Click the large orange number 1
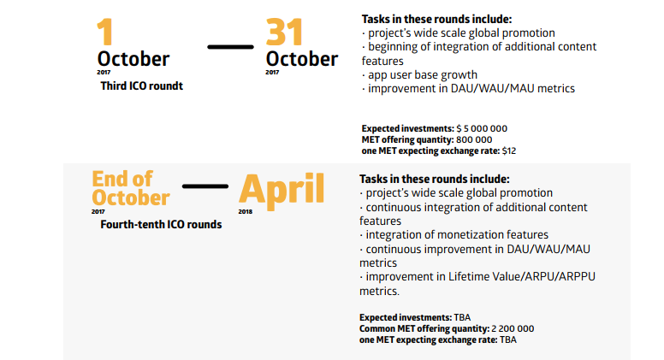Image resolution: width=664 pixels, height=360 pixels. (105, 32)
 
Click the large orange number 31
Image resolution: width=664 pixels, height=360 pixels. (284, 32)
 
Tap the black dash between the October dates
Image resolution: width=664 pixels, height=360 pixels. (230, 47)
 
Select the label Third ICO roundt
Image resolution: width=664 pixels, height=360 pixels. (141, 86)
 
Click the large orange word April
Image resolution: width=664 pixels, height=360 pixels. (282, 191)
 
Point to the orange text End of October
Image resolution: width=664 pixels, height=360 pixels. (130, 188)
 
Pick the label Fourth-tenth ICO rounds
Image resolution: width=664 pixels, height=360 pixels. (161, 224)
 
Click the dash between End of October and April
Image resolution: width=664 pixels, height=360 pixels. (205, 186)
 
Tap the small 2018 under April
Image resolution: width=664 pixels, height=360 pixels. (246, 211)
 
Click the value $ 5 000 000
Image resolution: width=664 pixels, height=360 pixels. (482, 128)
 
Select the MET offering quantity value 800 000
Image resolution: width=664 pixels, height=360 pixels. (474, 139)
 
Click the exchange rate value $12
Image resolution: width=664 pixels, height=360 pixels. (508, 151)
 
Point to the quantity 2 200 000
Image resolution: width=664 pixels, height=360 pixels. (513, 328)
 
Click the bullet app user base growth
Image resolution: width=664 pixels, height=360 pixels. (419, 75)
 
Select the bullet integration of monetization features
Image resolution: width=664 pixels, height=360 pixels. (454, 235)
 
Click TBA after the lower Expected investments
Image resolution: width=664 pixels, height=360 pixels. (462, 318)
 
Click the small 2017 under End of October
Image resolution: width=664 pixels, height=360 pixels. (98, 211)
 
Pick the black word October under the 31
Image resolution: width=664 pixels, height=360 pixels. (302, 59)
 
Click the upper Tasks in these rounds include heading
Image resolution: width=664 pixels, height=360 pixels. (436, 19)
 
